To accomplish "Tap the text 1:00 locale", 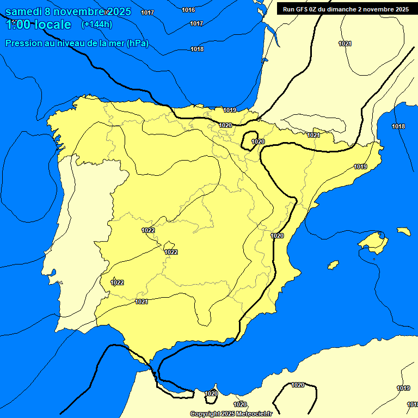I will point(38,24).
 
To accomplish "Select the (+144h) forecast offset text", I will point(96,24).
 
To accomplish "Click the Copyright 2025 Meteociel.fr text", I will point(231,414).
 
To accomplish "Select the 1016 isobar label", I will point(188,10).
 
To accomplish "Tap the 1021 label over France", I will point(345,44).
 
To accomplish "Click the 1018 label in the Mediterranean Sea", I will point(398,127).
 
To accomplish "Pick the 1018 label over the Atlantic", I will point(197,50).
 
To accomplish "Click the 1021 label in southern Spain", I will point(142,302).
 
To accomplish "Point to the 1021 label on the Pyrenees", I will point(313,135).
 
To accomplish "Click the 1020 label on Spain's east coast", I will point(277,236).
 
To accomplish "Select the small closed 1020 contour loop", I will point(250,139).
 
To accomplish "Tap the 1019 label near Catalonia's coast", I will point(360,167).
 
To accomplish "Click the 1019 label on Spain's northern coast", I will point(230,110).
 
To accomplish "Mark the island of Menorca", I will point(403,231).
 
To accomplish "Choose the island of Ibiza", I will point(333,265).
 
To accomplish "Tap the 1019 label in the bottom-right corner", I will point(403,388).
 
